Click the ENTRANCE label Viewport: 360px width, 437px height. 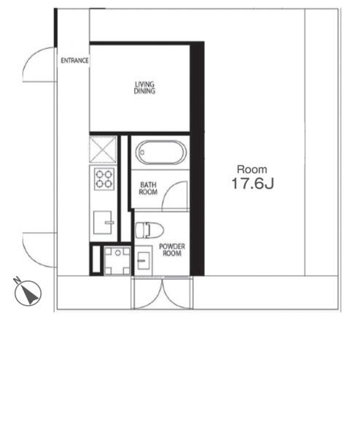[x=74, y=61]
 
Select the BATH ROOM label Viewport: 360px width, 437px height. [x=149, y=189]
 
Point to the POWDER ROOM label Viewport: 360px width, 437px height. [x=172, y=251]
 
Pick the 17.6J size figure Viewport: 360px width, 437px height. [x=252, y=185]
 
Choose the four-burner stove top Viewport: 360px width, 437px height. [x=103, y=178]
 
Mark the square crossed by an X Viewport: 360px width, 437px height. [x=103, y=150]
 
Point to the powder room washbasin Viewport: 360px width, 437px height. [x=142, y=261]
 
